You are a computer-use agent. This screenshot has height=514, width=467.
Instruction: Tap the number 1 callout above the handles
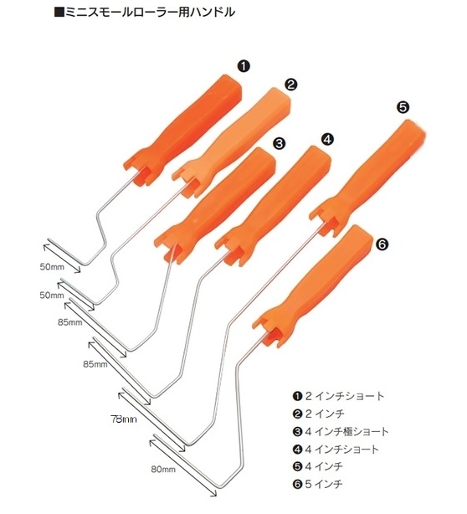click(x=244, y=66)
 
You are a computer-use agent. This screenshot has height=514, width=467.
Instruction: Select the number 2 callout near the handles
click(x=290, y=85)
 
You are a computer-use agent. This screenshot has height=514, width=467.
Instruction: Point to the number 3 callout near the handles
click(x=279, y=143)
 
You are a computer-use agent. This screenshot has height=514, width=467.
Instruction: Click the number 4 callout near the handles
click(x=327, y=139)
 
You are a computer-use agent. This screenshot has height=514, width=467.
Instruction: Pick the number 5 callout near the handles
click(x=403, y=107)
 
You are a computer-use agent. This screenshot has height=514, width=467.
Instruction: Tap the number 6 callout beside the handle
click(x=382, y=244)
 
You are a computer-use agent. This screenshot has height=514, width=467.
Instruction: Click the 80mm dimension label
click(x=163, y=470)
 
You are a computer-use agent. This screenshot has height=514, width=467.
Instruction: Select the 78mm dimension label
click(x=124, y=419)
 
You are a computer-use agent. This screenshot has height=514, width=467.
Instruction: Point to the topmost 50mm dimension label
click(x=52, y=267)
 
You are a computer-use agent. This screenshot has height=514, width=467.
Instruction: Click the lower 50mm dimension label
click(x=52, y=296)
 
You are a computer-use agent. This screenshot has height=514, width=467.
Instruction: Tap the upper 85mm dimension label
click(x=70, y=322)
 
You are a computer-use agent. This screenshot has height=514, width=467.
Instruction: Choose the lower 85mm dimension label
click(x=95, y=364)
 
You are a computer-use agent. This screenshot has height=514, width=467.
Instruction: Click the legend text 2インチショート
click(x=345, y=396)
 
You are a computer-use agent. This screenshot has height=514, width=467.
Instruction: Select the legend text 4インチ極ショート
click(x=346, y=431)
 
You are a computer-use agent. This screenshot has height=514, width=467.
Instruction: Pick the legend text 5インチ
click(x=324, y=484)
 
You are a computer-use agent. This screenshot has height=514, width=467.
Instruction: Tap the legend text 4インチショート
click(x=341, y=449)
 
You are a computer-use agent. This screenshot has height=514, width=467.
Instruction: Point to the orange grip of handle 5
click(x=367, y=177)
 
